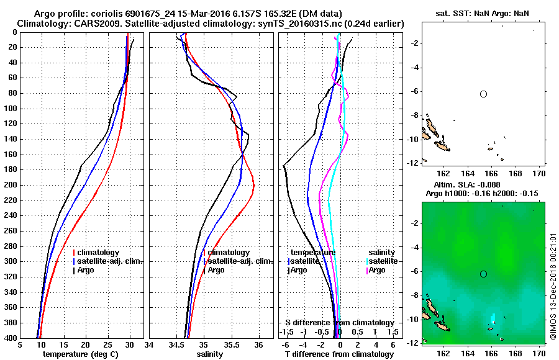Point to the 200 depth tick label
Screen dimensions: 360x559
click(11, 185)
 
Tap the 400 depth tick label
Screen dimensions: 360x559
click(11, 338)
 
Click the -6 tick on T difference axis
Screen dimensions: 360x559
click(285, 345)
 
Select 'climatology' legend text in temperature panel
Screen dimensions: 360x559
click(99, 253)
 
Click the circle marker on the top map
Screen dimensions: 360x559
click(483, 94)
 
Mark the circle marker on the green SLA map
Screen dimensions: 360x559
click(483, 274)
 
